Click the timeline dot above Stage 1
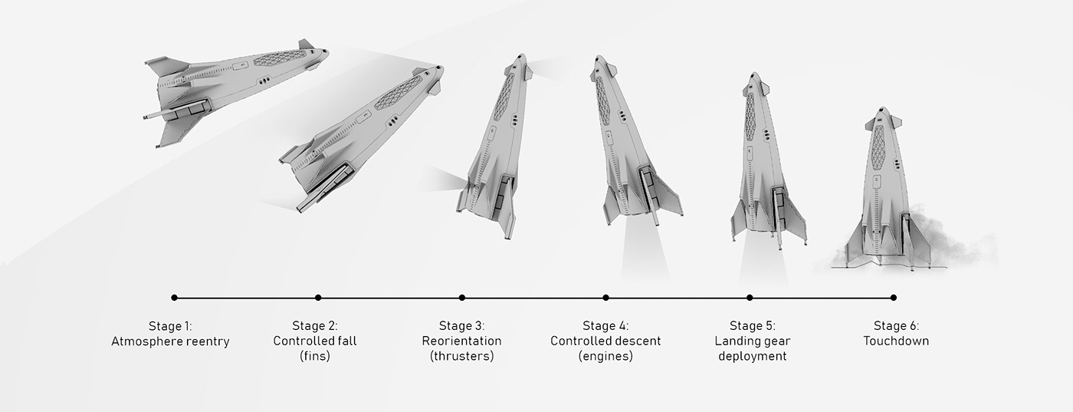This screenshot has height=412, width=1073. [x=175, y=298]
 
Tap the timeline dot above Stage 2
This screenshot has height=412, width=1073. [x=318, y=298]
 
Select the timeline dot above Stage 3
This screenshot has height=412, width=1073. [x=461, y=298]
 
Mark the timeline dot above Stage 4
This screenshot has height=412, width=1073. [x=606, y=298]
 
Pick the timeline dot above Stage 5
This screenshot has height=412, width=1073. [x=750, y=298]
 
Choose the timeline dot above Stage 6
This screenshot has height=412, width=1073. [x=894, y=298]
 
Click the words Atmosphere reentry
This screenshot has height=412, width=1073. [x=170, y=341]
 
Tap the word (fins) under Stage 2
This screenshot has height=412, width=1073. [x=315, y=356]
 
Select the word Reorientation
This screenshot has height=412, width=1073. [x=461, y=341]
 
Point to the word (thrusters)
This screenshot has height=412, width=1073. [x=461, y=356]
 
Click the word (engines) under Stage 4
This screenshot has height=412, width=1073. [x=605, y=356]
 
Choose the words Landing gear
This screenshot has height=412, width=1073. [x=753, y=341]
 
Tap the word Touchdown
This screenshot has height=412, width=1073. [x=896, y=341]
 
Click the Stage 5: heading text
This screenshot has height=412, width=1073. [x=753, y=326]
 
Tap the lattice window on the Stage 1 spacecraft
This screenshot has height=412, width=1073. [x=280, y=58]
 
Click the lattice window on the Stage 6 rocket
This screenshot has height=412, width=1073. [x=878, y=148]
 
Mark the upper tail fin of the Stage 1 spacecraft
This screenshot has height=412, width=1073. [x=167, y=66]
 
